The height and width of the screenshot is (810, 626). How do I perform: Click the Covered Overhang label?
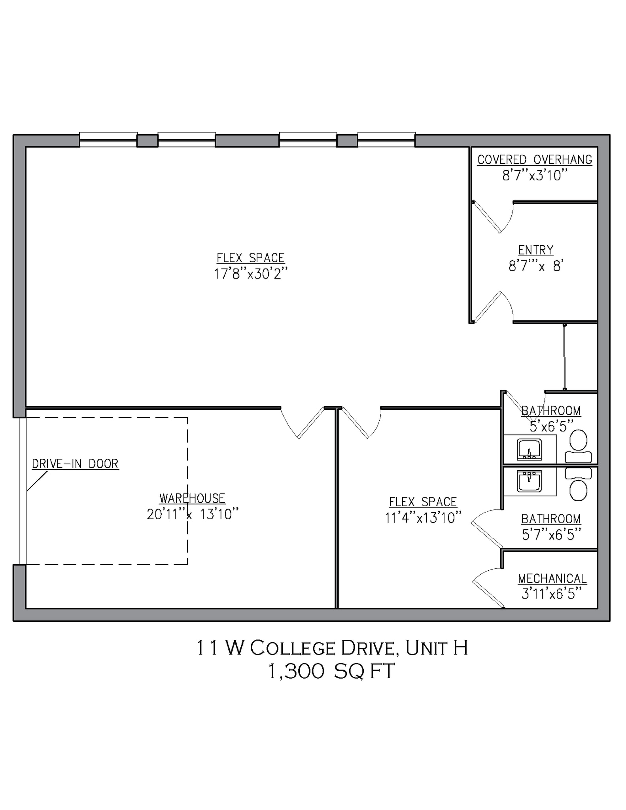[535, 159]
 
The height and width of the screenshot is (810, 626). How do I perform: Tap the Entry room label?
[536, 250]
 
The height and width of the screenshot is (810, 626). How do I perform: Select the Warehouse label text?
[192, 498]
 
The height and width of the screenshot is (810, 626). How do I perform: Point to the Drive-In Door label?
[75, 464]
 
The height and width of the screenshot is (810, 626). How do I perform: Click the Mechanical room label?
[552, 579]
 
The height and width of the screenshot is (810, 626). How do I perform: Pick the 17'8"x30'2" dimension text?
[251, 274]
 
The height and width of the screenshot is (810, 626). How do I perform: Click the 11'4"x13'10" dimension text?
[423, 518]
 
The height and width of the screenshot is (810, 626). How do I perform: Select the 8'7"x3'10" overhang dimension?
[535, 175]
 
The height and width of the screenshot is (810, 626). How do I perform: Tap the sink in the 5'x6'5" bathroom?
[529, 450]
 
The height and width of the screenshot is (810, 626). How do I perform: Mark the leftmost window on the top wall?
[108, 139]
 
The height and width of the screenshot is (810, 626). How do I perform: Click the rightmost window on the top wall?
[386, 139]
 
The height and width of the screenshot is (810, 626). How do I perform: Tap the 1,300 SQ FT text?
[331, 671]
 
